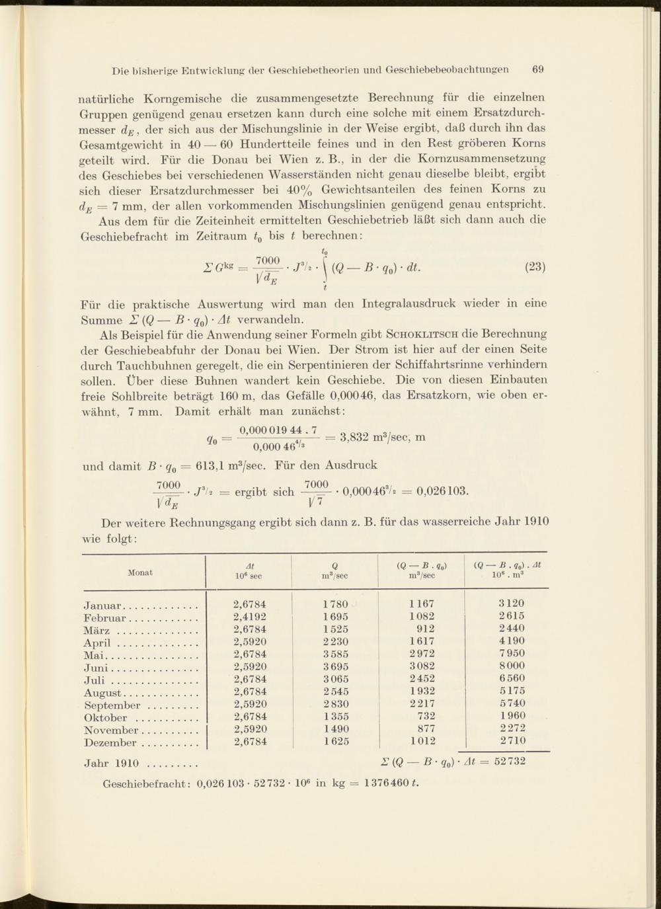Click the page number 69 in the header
click(537, 69)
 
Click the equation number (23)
click(535, 267)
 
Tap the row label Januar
click(104, 605)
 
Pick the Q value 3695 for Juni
click(336, 666)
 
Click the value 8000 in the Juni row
click(512, 666)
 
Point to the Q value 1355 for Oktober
click(336, 716)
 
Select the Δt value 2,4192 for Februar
click(250, 617)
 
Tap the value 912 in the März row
click(426, 629)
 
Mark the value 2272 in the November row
click(512, 729)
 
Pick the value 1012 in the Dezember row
click(423, 741)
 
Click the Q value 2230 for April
click(336, 641)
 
